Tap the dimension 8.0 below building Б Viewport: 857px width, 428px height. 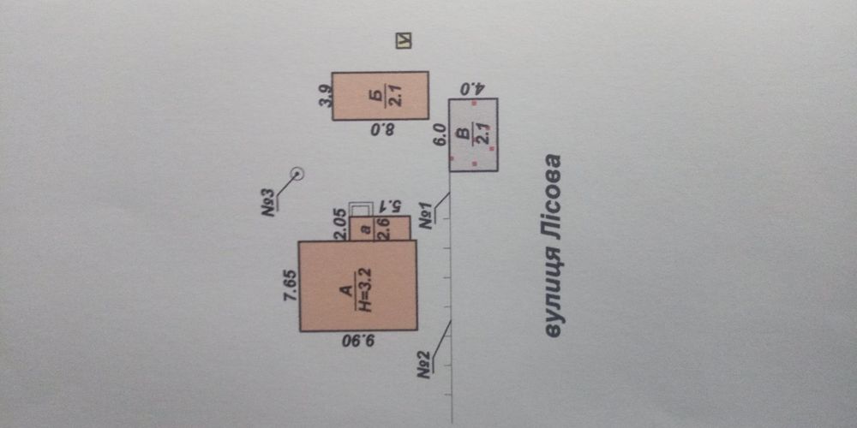(x=381, y=130)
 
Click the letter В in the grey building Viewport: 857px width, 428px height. (x=464, y=134)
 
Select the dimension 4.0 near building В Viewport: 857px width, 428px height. (x=472, y=88)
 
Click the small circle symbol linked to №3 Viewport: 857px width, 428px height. (x=297, y=174)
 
